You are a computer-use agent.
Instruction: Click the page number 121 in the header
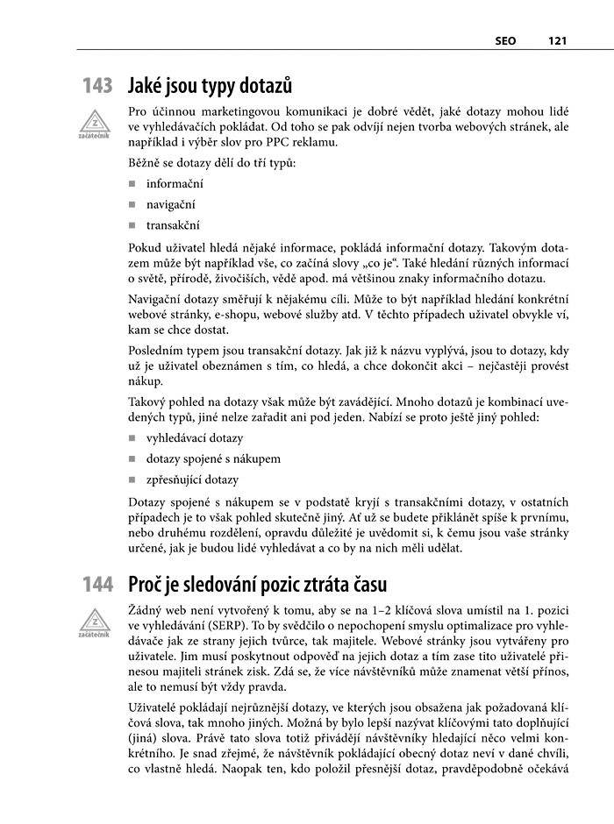pos(559,39)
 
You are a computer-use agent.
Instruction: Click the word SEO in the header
pos(504,39)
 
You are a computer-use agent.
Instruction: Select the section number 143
pos(97,86)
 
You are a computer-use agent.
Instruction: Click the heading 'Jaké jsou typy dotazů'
pos(210,86)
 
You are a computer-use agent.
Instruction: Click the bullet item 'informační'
pos(175,184)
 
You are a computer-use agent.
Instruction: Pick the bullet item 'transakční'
pos(173,225)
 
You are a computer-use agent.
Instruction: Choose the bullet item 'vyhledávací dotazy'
pos(195,437)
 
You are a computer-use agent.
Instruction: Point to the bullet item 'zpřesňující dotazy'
pos(192,479)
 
